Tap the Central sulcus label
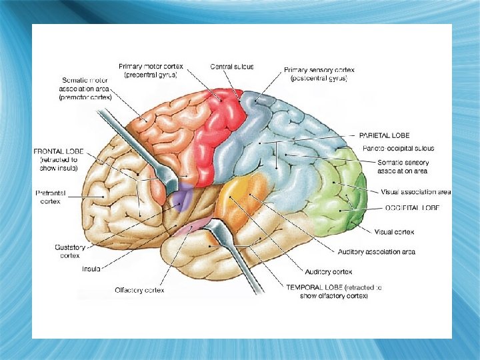[x=232, y=67]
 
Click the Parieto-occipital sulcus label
[x=397, y=147]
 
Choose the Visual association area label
[x=415, y=192]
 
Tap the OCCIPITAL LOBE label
[x=413, y=208]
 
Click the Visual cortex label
[x=395, y=232]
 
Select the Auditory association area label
[x=377, y=252]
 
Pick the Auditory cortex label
[x=328, y=272]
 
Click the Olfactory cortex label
[x=139, y=290]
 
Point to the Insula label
[x=91, y=269]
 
